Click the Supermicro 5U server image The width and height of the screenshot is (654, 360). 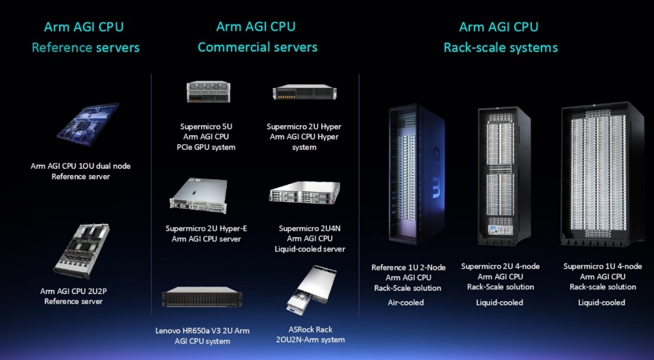tap(208, 91)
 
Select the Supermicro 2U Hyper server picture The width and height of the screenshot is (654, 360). tap(305, 92)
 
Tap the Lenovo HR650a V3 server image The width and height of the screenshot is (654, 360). tap(202, 297)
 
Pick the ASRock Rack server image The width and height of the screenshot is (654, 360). tap(312, 290)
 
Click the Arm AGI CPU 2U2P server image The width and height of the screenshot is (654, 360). tap(81, 251)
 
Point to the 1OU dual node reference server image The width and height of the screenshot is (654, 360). tap(88, 124)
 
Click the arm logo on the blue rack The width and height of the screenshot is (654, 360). tap(435, 173)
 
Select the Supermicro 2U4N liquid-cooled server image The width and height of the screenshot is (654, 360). tap(305, 193)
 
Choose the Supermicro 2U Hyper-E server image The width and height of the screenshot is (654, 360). tap(198, 195)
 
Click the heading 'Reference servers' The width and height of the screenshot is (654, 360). tap(86, 47)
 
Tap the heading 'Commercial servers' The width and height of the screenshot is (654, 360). tap(257, 47)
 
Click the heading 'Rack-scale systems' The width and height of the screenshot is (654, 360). tap(501, 48)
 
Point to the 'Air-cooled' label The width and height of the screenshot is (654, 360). tap(406, 302)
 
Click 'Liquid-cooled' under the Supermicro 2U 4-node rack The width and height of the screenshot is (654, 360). tap(500, 302)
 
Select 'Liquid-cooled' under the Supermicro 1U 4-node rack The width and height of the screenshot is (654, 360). tap(602, 302)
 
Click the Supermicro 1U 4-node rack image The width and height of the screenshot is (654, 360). tap(602, 174)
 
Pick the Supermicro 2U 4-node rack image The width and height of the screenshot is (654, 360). tap(504, 176)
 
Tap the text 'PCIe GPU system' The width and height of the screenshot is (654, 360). tap(206, 148)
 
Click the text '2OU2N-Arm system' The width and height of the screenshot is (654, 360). tap(310, 340)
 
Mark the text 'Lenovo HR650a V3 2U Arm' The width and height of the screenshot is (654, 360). tap(202, 331)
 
